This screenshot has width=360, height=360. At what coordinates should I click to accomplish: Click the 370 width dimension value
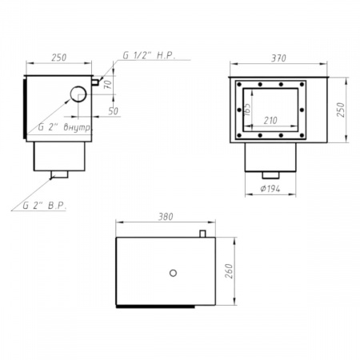pyautogui.click(x=278, y=58)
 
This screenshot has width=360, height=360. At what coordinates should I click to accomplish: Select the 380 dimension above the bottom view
pyautogui.click(x=166, y=217)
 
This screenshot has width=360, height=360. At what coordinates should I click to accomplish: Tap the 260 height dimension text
pyautogui.click(x=229, y=271)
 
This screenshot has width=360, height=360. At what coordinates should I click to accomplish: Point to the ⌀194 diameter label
pyautogui.click(x=270, y=189)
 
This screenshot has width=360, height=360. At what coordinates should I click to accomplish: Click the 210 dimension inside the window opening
pyautogui.click(x=270, y=121)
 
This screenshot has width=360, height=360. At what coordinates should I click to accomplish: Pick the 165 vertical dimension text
pyautogui.click(x=247, y=109)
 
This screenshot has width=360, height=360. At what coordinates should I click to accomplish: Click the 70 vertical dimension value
pyautogui.click(x=108, y=84)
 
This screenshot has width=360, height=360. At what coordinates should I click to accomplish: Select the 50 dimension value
pyautogui.click(x=113, y=111)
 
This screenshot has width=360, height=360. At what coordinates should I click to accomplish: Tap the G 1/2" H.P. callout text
pyautogui.click(x=149, y=55)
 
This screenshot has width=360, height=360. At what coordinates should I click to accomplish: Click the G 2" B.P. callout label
pyautogui.click(x=45, y=206)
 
